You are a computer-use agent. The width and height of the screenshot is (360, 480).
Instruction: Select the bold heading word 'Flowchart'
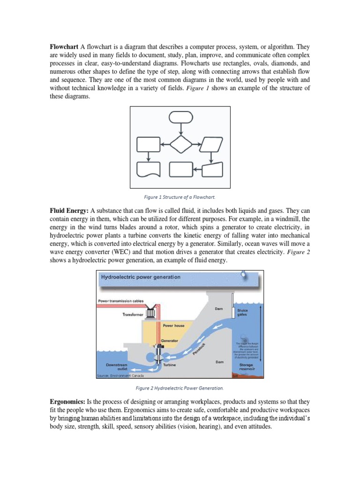click(64, 47)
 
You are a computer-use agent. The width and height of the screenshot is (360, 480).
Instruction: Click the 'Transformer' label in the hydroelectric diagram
click(133, 315)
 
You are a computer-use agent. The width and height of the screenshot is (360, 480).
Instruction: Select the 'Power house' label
click(172, 325)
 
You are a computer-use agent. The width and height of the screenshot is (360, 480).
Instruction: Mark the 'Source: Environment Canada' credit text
click(120, 375)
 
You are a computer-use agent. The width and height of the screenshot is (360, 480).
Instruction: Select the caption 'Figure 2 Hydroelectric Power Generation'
click(180, 388)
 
